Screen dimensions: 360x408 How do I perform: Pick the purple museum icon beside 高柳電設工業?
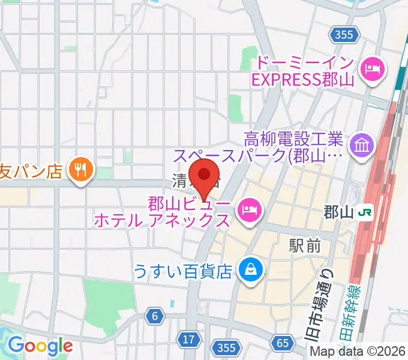(363, 145)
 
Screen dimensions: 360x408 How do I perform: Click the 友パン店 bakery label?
(31, 171)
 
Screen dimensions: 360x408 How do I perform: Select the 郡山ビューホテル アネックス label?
(162, 211)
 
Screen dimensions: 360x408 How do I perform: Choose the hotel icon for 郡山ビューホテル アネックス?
(249, 209)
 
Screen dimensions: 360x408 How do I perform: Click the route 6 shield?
(155, 316)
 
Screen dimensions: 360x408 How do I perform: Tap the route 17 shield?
(188, 340)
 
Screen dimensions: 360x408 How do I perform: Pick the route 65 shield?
(283, 344)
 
